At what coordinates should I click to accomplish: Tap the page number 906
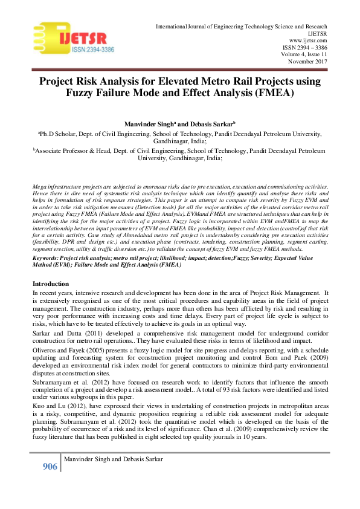pos(50,466)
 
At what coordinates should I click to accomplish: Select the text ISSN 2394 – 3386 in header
pos(305,47)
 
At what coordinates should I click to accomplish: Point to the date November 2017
pos(306,61)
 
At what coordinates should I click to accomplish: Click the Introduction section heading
pos(51,284)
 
